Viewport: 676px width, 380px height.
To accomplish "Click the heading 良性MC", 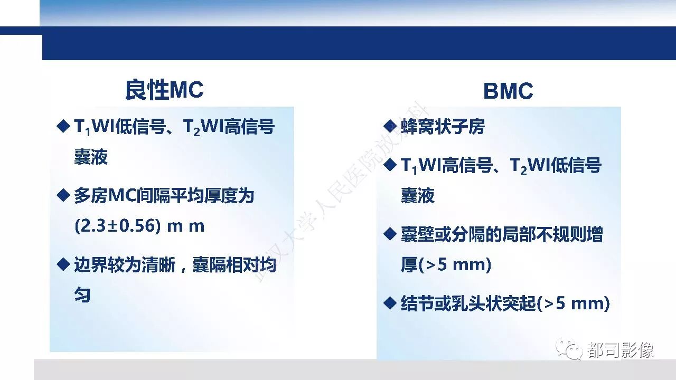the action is tap(164, 90).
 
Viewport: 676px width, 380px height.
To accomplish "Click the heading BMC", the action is tap(508, 91).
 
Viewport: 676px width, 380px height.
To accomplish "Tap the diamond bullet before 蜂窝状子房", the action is tap(390, 126).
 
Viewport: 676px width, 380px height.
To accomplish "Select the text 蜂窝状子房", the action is tap(443, 126).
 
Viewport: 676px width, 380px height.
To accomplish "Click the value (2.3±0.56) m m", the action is tap(139, 226).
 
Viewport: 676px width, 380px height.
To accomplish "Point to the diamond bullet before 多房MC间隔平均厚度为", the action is tap(63, 195).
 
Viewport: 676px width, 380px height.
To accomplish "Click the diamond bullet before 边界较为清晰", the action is tap(63, 264).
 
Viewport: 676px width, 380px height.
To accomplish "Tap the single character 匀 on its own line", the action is tap(82, 294).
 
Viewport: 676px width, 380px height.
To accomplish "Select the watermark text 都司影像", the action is tap(621, 350).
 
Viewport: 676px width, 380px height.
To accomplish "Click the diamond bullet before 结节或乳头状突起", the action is tap(390, 303).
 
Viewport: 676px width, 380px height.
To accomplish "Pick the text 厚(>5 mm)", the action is tap(446, 264).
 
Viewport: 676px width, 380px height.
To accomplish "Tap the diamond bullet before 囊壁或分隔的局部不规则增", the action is tap(390, 234).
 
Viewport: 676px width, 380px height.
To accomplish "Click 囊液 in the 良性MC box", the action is tap(91, 157).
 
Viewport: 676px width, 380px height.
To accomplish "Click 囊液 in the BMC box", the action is tap(418, 195).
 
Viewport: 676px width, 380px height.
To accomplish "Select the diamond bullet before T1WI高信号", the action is tap(390, 165).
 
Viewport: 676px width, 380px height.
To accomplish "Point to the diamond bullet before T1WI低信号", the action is tap(63, 126).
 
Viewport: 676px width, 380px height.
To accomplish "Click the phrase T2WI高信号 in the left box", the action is tap(229, 127).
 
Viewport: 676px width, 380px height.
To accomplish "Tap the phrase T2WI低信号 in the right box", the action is tap(556, 166).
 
